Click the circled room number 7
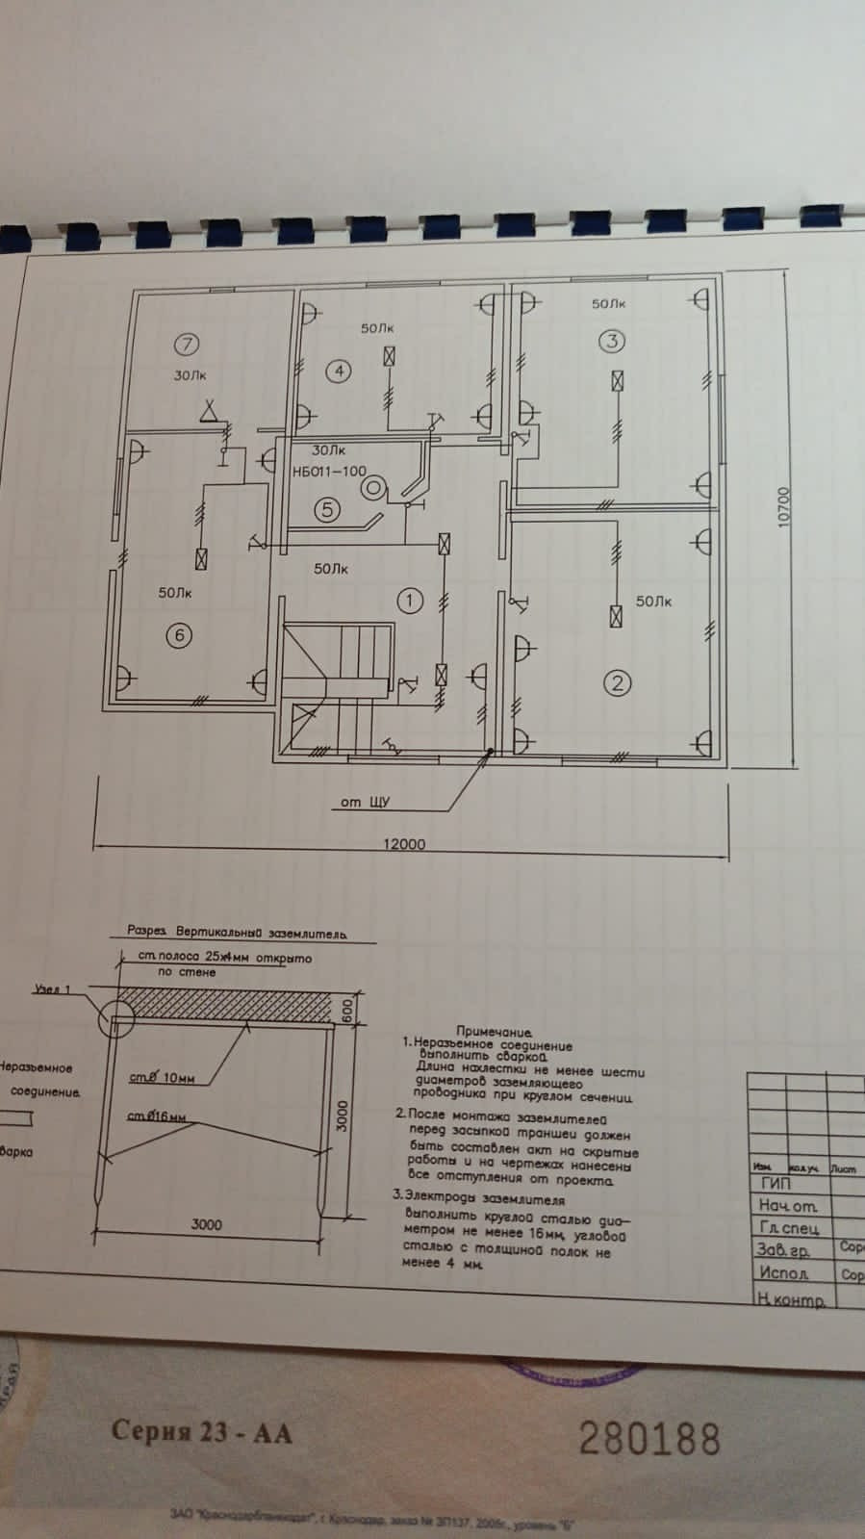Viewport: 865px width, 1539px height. (x=187, y=344)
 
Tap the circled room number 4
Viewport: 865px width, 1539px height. (x=338, y=371)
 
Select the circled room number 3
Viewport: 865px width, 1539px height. (x=611, y=340)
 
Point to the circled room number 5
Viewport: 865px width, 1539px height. (x=328, y=509)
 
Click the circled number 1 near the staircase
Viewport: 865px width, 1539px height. (x=410, y=601)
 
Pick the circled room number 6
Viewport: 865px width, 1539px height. (x=179, y=634)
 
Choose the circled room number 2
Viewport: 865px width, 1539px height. (x=617, y=682)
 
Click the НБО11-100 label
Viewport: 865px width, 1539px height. (x=329, y=472)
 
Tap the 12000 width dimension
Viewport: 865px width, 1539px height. (x=404, y=844)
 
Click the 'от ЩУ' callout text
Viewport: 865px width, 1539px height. (x=366, y=802)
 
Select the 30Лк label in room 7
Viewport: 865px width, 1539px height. (x=190, y=375)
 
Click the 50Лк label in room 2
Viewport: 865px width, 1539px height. (x=653, y=602)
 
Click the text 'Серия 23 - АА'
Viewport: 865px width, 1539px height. (x=201, y=1431)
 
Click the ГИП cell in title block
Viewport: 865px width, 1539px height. (x=776, y=1184)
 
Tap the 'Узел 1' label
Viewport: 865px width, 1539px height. (x=53, y=988)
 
